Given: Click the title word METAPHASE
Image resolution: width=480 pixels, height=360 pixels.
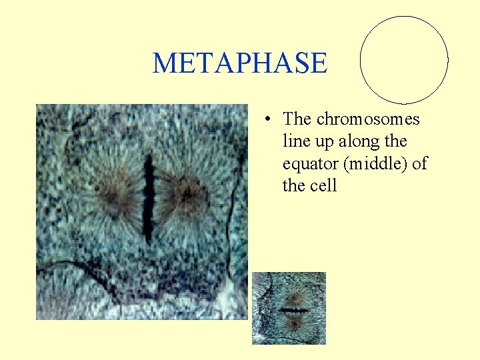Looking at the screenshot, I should (240, 63).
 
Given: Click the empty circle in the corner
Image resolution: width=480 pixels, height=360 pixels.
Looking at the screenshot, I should (404, 60).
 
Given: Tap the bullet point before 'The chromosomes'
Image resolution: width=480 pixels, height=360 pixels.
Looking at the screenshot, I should (266, 120).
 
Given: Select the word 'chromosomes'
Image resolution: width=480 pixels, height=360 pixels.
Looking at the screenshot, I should (368, 119).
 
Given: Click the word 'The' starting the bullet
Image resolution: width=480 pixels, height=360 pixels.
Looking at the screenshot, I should (297, 119).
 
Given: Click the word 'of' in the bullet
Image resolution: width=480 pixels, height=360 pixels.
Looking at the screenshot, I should (419, 163).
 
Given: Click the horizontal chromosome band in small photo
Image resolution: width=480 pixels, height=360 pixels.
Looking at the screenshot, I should (293, 310).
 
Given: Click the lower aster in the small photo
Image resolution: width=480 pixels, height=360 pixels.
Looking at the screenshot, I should (293, 324).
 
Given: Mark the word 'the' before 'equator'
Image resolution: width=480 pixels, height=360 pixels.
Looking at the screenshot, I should (395, 141).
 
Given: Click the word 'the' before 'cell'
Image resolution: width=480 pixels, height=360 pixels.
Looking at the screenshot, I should (293, 185).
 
